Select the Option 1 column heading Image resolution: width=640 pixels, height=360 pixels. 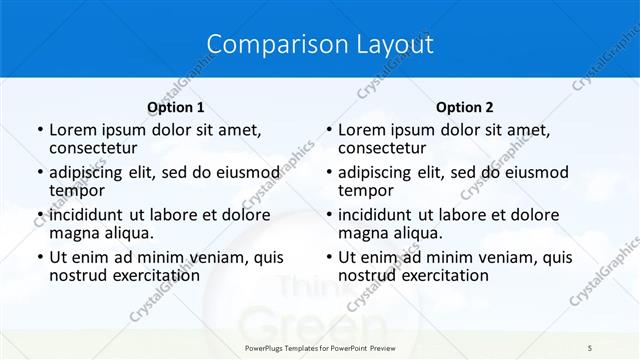[176, 107]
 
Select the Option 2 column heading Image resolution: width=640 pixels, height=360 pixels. [465, 107]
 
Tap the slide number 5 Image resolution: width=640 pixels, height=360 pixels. [590, 346]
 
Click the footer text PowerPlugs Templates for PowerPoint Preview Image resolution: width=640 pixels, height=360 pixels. [320, 346]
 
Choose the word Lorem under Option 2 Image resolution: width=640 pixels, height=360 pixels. [361, 130]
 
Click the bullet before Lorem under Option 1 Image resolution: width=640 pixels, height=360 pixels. [39, 130]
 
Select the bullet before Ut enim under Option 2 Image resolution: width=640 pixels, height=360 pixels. [328, 257]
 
